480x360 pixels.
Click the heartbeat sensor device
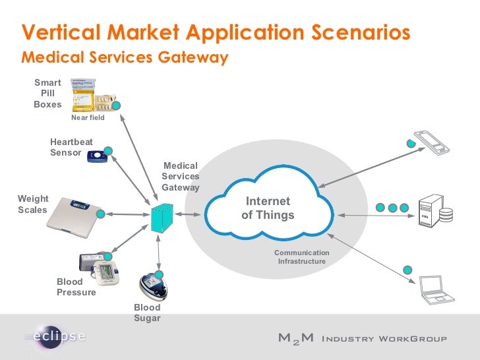(97, 156)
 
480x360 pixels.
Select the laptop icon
(437, 289)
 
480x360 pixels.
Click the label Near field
(88, 117)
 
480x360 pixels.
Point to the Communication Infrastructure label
(301, 257)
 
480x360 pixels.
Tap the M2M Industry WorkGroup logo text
(362, 339)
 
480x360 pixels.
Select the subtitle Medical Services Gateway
(125, 57)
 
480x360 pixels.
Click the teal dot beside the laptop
(408, 270)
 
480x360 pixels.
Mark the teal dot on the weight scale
(101, 214)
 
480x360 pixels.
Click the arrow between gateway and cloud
(189, 215)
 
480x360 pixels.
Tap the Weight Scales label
(33, 204)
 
